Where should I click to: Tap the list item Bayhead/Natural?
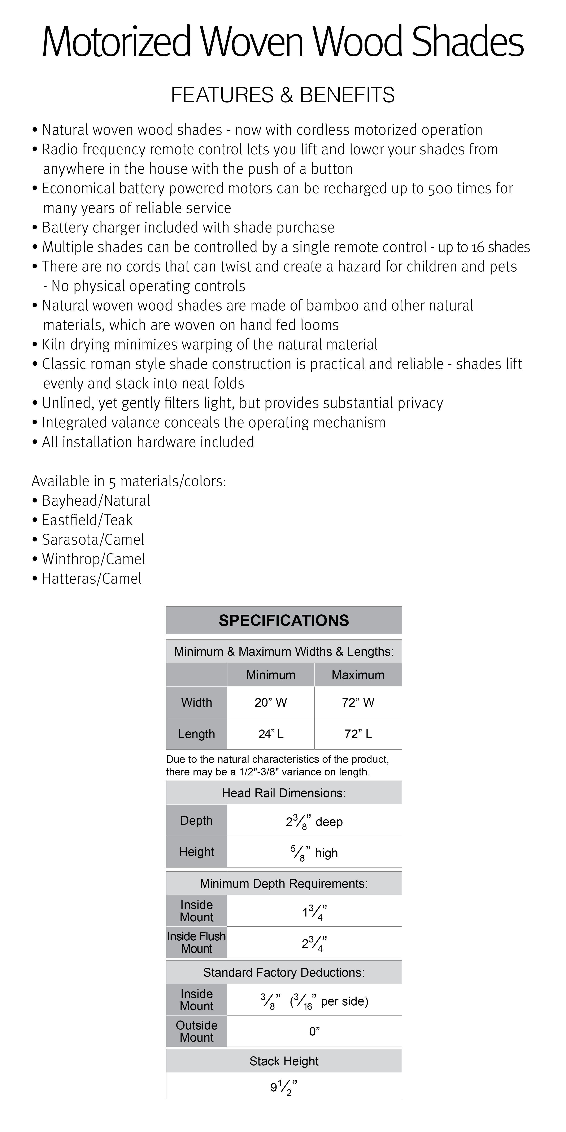(x=96, y=501)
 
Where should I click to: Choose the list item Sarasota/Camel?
(x=93, y=540)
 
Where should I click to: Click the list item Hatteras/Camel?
(x=91, y=579)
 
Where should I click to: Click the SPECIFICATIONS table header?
(x=283, y=620)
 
